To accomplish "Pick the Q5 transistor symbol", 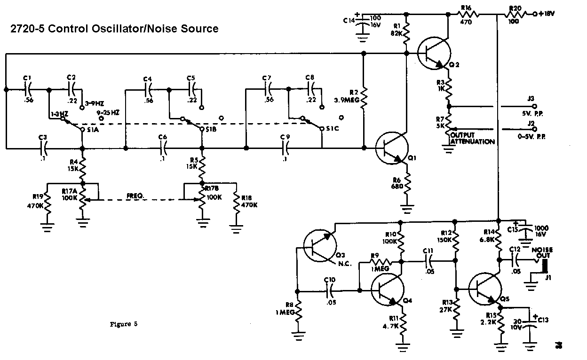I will [x=484, y=290].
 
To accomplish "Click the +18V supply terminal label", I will [x=546, y=14].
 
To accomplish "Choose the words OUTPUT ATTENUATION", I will [x=472, y=139].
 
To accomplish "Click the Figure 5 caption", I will [x=124, y=324].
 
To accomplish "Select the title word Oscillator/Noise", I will [x=143, y=29].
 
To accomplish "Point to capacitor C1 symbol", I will [x=27, y=88].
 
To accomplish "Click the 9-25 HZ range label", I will [x=109, y=113].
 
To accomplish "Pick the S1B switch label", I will [x=211, y=129].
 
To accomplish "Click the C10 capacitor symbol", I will [x=329, y=291].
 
